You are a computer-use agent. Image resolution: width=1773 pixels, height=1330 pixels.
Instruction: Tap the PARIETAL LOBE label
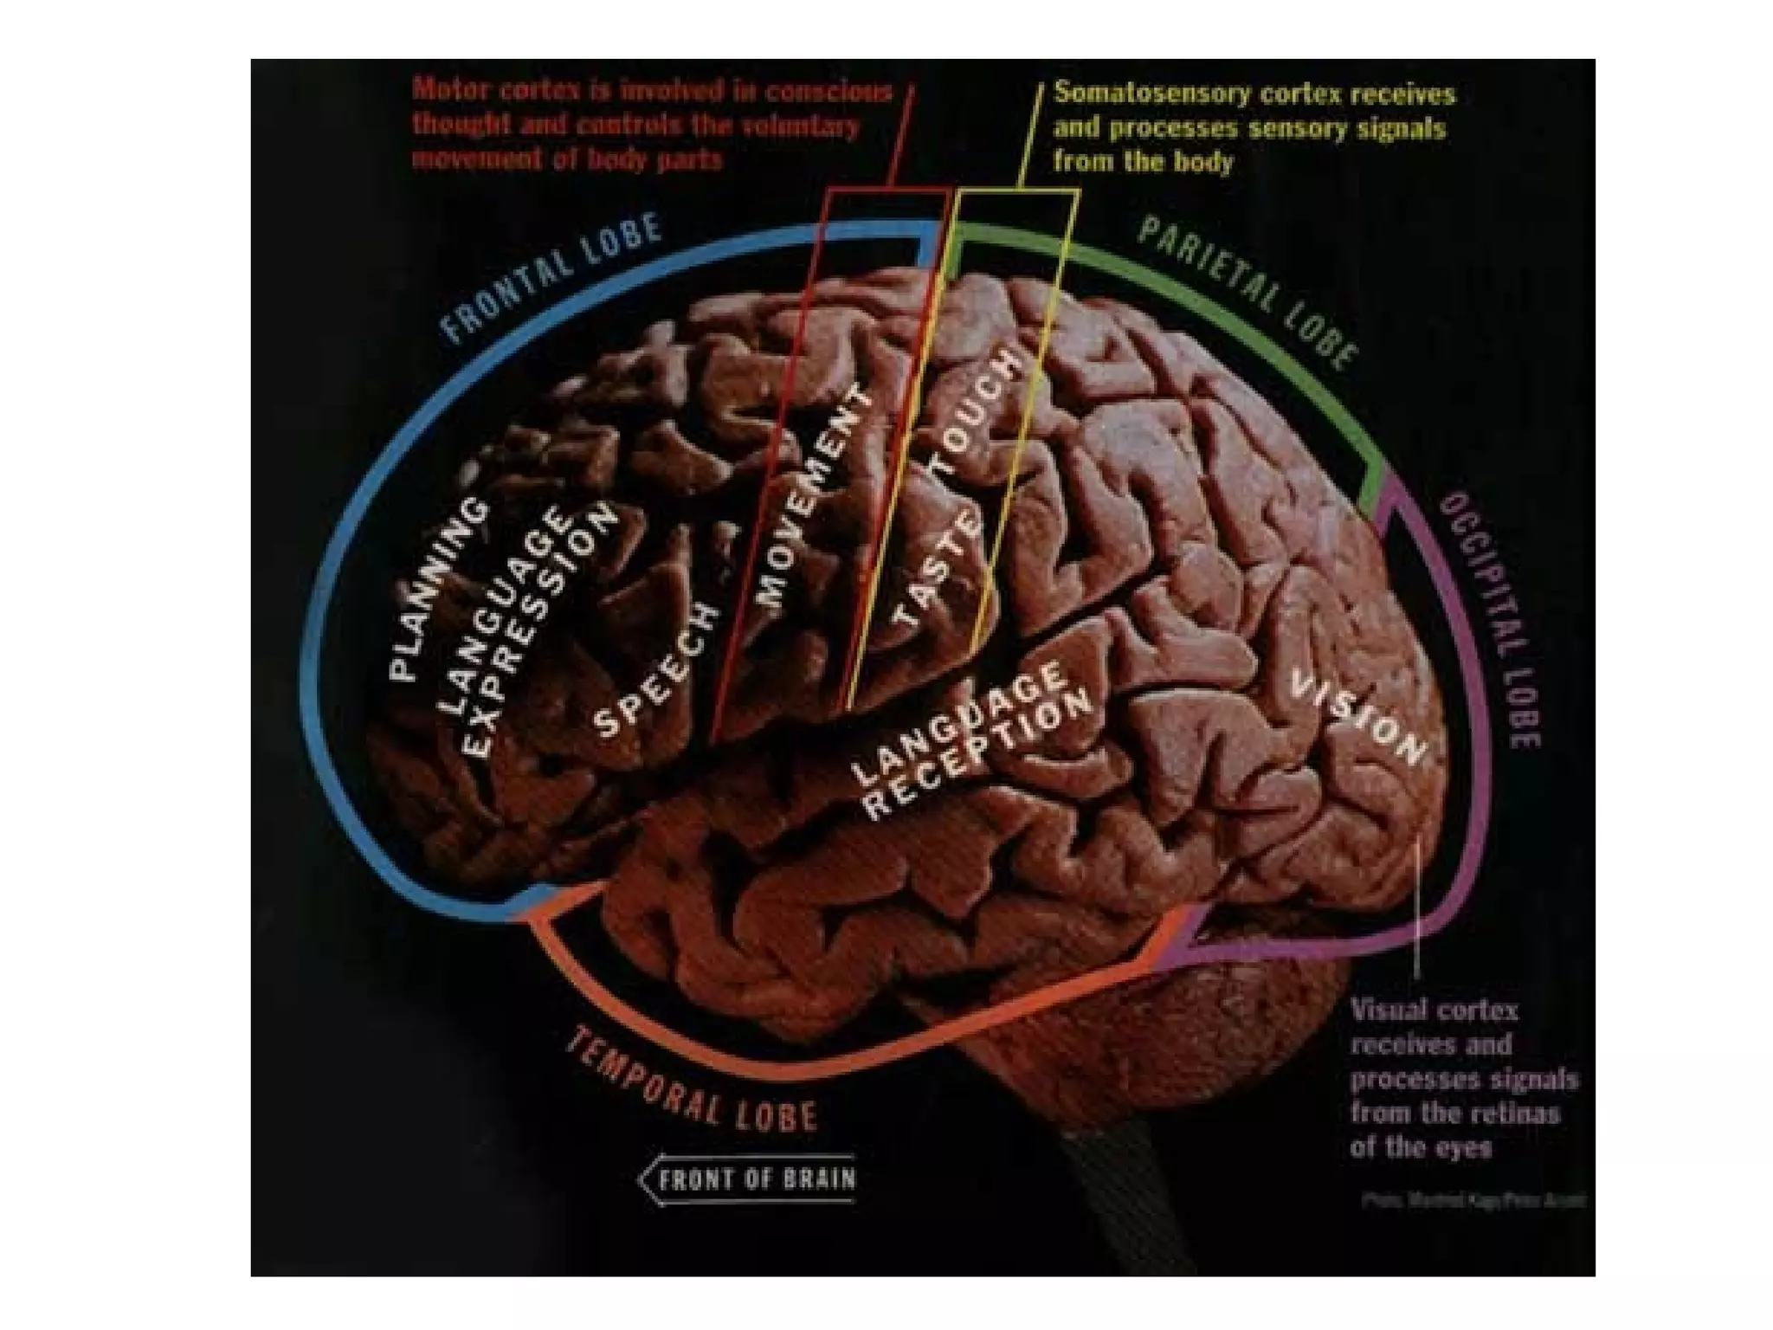click(1247, 292)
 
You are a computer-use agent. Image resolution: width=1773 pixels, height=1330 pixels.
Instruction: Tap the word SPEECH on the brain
click(658, 671)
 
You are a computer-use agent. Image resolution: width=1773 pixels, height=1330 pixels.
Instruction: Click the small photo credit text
click(1473, 1201)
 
